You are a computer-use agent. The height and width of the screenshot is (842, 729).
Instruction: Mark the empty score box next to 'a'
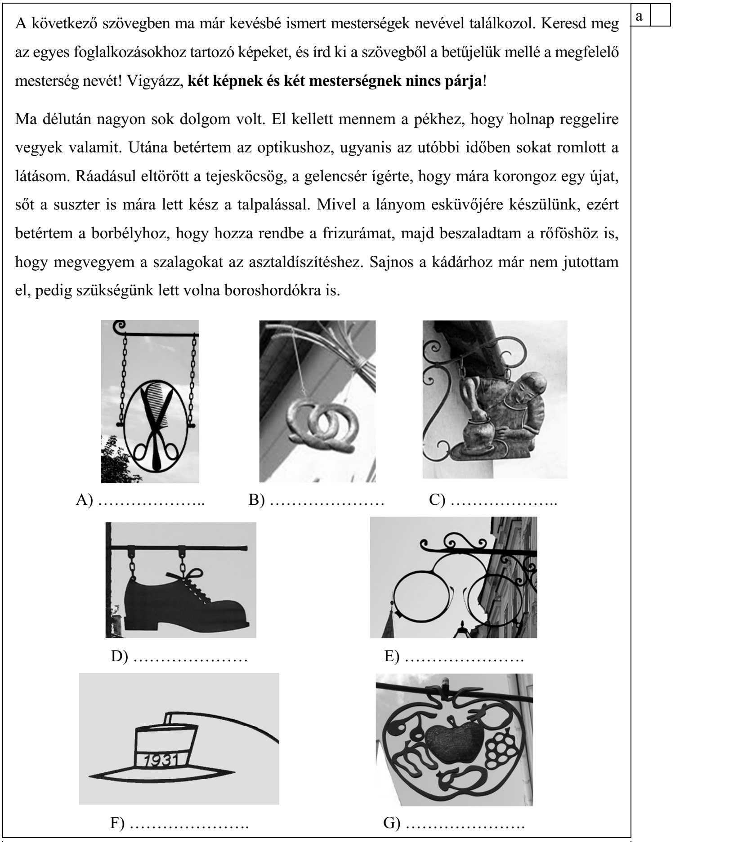[661, 15]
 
